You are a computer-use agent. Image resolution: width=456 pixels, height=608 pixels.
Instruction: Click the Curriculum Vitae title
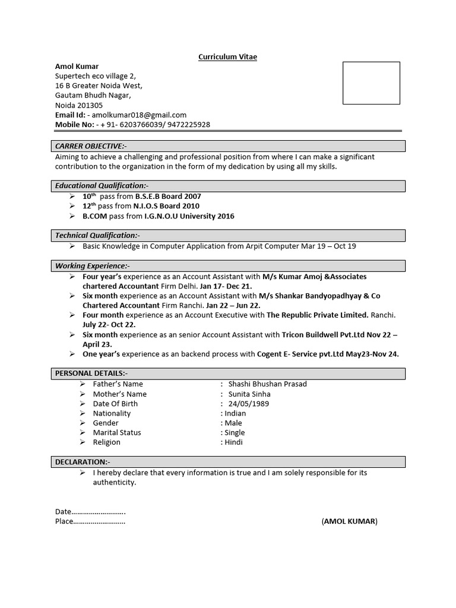[x=227, y=56]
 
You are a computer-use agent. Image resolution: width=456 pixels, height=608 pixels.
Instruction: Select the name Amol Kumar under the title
[x=77, y=66]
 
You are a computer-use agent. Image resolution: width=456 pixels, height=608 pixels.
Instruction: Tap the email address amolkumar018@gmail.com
[x=138, y=115]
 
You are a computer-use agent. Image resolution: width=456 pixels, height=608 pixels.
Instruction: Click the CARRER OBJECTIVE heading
[x=91, y=146]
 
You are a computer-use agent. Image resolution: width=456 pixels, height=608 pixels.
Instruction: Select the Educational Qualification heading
[x=102, y=186]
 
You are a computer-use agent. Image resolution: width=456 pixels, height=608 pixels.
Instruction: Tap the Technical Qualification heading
[x=97, y=236]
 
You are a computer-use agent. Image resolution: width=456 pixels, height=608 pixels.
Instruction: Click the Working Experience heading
[x=92, y=266]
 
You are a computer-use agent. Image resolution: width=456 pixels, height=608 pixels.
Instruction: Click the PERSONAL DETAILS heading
[x=91, y=373]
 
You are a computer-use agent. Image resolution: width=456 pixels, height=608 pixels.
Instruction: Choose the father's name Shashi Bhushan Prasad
[x=267, y=384]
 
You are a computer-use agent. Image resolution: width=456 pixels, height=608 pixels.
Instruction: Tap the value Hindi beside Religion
[x=233, y=442]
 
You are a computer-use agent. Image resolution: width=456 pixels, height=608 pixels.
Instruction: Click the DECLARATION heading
[x=83, y=462]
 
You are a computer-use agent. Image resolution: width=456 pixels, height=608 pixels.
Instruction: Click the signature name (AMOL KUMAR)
[x=349, y=521]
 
